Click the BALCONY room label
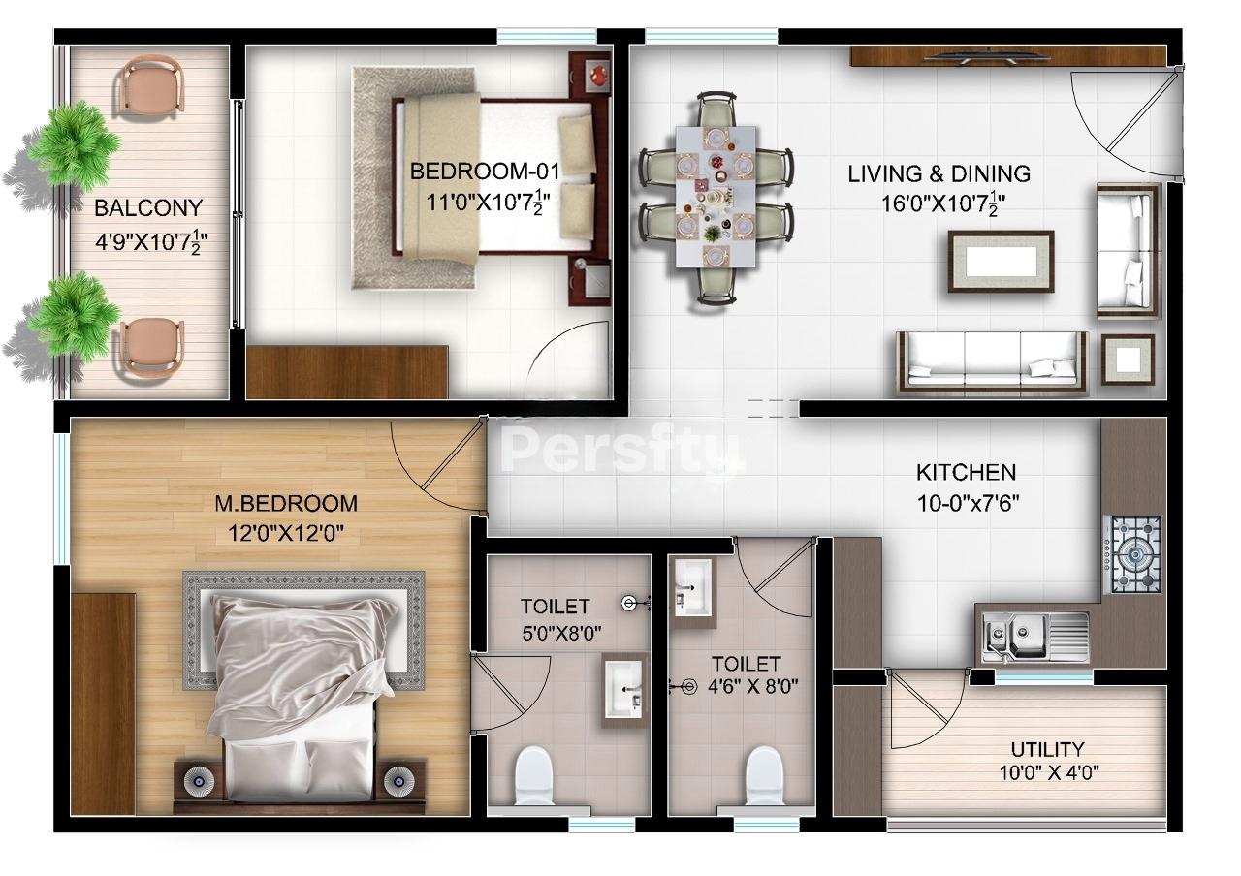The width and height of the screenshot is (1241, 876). (x=148, y=208)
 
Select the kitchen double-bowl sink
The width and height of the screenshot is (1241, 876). (x=1034, y=638)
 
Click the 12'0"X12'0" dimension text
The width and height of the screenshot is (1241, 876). (x=286, y=534)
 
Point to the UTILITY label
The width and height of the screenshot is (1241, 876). (x=1047, y=750)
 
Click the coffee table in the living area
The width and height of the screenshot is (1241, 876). (x=1002, y=262)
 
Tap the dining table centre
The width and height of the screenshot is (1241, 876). (x=716, y=198)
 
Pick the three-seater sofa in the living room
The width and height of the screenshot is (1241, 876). (x=992, y=363)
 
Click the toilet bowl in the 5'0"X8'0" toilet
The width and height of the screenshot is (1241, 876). (x=534, y=775)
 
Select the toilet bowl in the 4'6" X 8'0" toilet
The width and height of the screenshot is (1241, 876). (x=765, y=775)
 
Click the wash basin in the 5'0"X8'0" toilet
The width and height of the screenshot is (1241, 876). (x=624, y=690)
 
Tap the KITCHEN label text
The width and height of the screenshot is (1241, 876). (x=967, y=473)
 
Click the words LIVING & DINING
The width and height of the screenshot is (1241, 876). (x=939, y=173)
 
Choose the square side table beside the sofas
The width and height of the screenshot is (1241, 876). (x=1128, y=360)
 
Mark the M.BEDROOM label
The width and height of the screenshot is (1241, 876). (x=286, y=503)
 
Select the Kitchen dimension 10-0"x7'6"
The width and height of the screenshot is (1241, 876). (x=968, y=503)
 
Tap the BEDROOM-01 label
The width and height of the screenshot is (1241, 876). (x=486, y=172)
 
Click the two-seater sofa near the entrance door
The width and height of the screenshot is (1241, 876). (x=1128, y=251)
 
